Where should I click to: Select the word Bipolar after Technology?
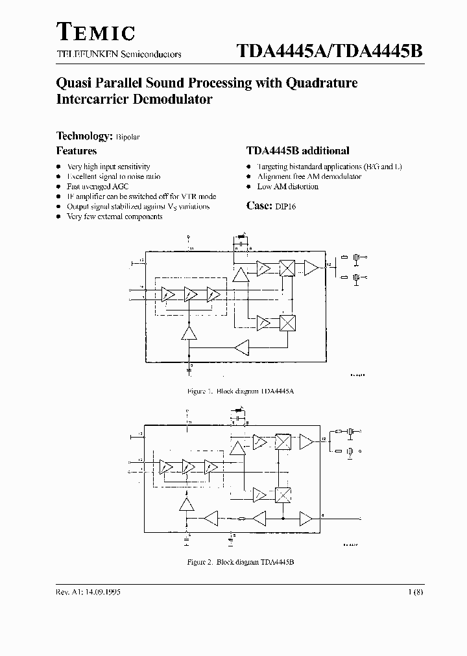pos(128,137)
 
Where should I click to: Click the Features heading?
pos(77,151)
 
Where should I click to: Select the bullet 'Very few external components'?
pos(115,217)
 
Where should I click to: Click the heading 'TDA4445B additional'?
pos(298,151)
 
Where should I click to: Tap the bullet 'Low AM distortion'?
pos(288,187)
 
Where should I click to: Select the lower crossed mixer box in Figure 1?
pos(287,322)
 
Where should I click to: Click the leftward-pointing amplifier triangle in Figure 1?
pos(243,347)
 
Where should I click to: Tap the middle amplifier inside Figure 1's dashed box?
pos(189,295)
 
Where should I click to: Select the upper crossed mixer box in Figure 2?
pos(282,442)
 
